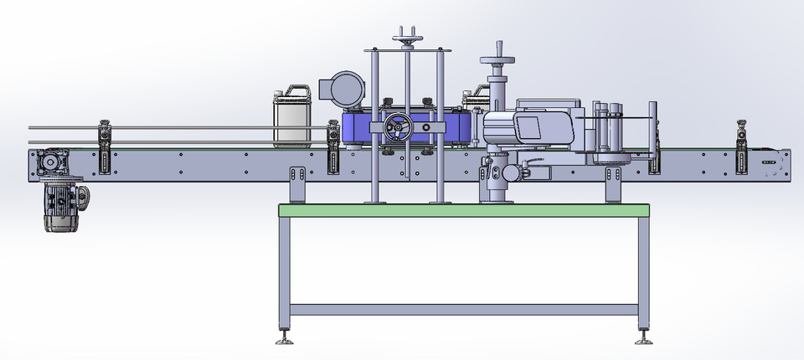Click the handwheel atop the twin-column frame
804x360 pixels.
(x=408, y=40)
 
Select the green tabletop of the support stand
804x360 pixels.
(x=464, y=210)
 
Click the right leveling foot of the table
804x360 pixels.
(x=643, y=339)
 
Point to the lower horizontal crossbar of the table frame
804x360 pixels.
(x=464, y=309)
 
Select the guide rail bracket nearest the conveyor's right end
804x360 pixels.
(x=742, y=147)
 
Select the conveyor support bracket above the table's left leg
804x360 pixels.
(x=296, y=184)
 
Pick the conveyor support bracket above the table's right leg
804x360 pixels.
(x=615, y=184)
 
